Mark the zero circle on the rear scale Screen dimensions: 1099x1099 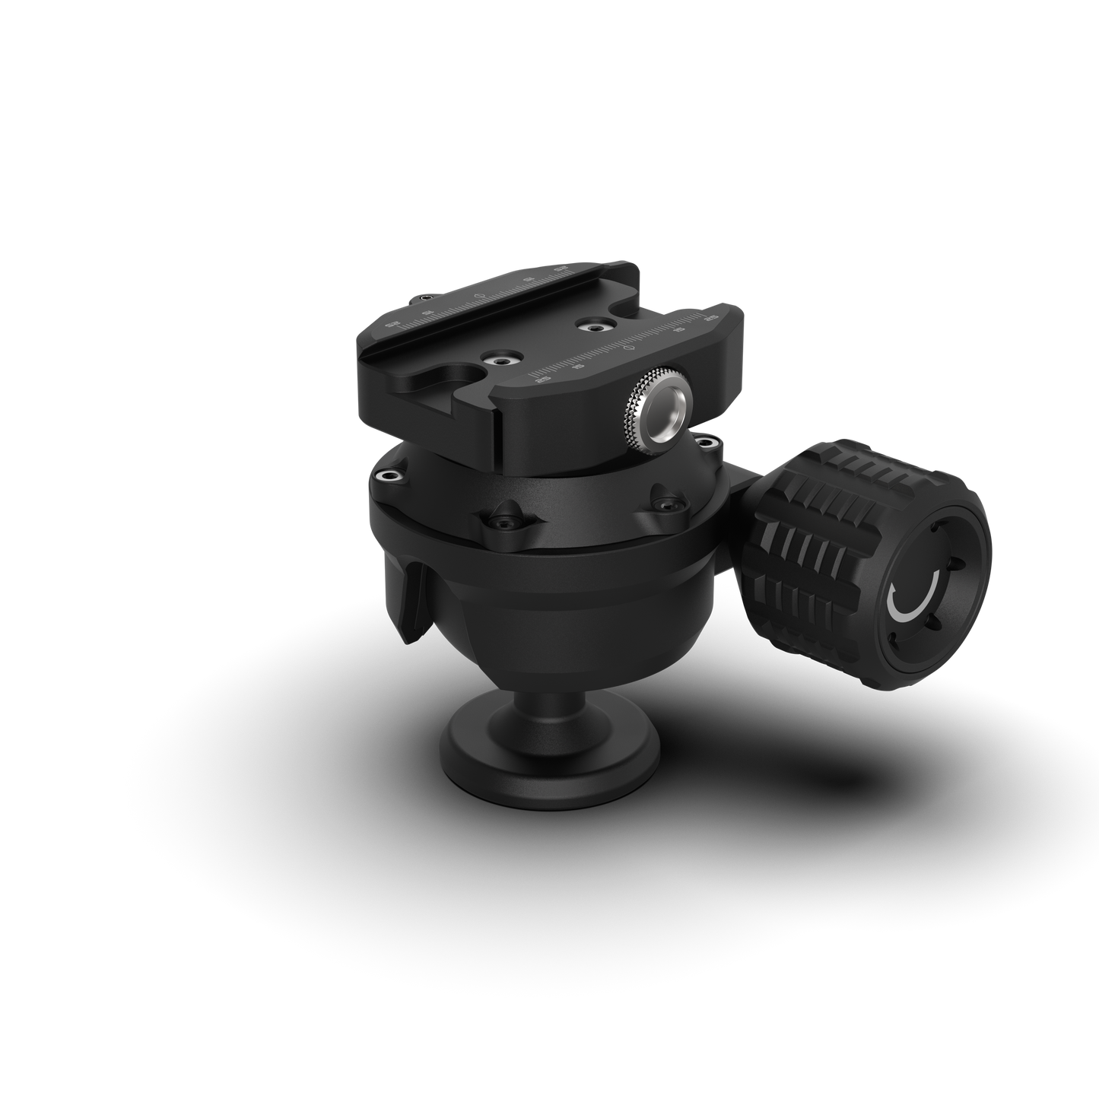pyautogui.click(x=477, y=294)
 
